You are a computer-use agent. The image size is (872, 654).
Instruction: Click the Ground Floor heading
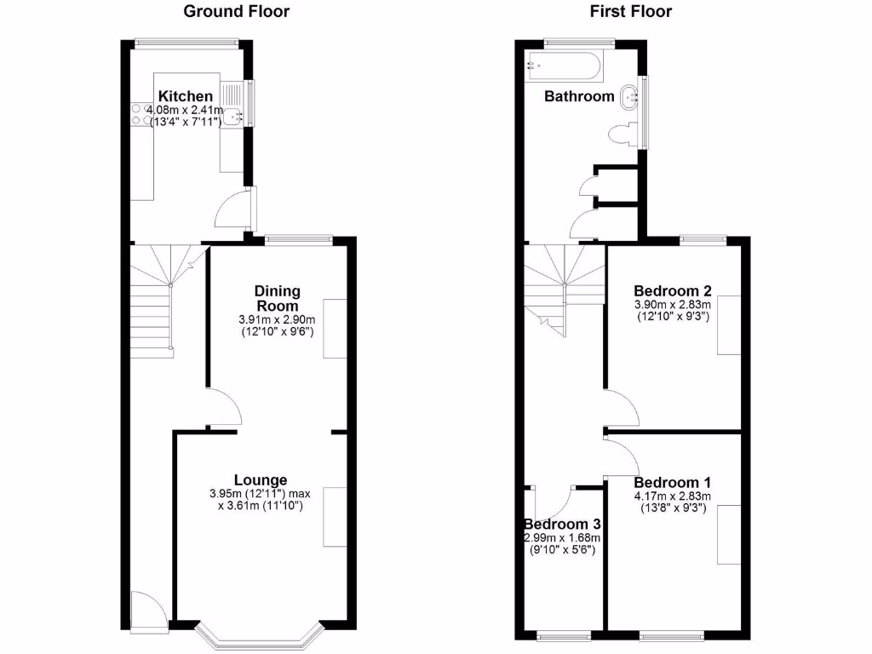click(237, 11)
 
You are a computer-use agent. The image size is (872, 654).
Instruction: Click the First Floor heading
click(630, 11)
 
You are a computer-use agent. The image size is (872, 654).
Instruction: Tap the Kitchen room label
click(185, 96)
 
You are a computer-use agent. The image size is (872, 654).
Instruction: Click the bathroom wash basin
click(631, 97)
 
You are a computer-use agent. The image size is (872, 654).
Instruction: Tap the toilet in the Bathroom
click(624, 135)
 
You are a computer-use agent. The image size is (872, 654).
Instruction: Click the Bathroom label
click(579, 96)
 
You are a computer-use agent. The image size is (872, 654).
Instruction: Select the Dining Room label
click(277, 299)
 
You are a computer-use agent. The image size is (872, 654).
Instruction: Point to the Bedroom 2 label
click(672, 290)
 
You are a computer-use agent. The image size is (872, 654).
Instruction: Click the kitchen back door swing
click(232, 208)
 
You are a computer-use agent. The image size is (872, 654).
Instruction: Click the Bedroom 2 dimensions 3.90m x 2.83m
click(672, 304)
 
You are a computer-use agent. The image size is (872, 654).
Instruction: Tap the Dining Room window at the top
click(297, 239)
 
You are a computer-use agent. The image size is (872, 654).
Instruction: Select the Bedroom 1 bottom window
click(672, 634)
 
